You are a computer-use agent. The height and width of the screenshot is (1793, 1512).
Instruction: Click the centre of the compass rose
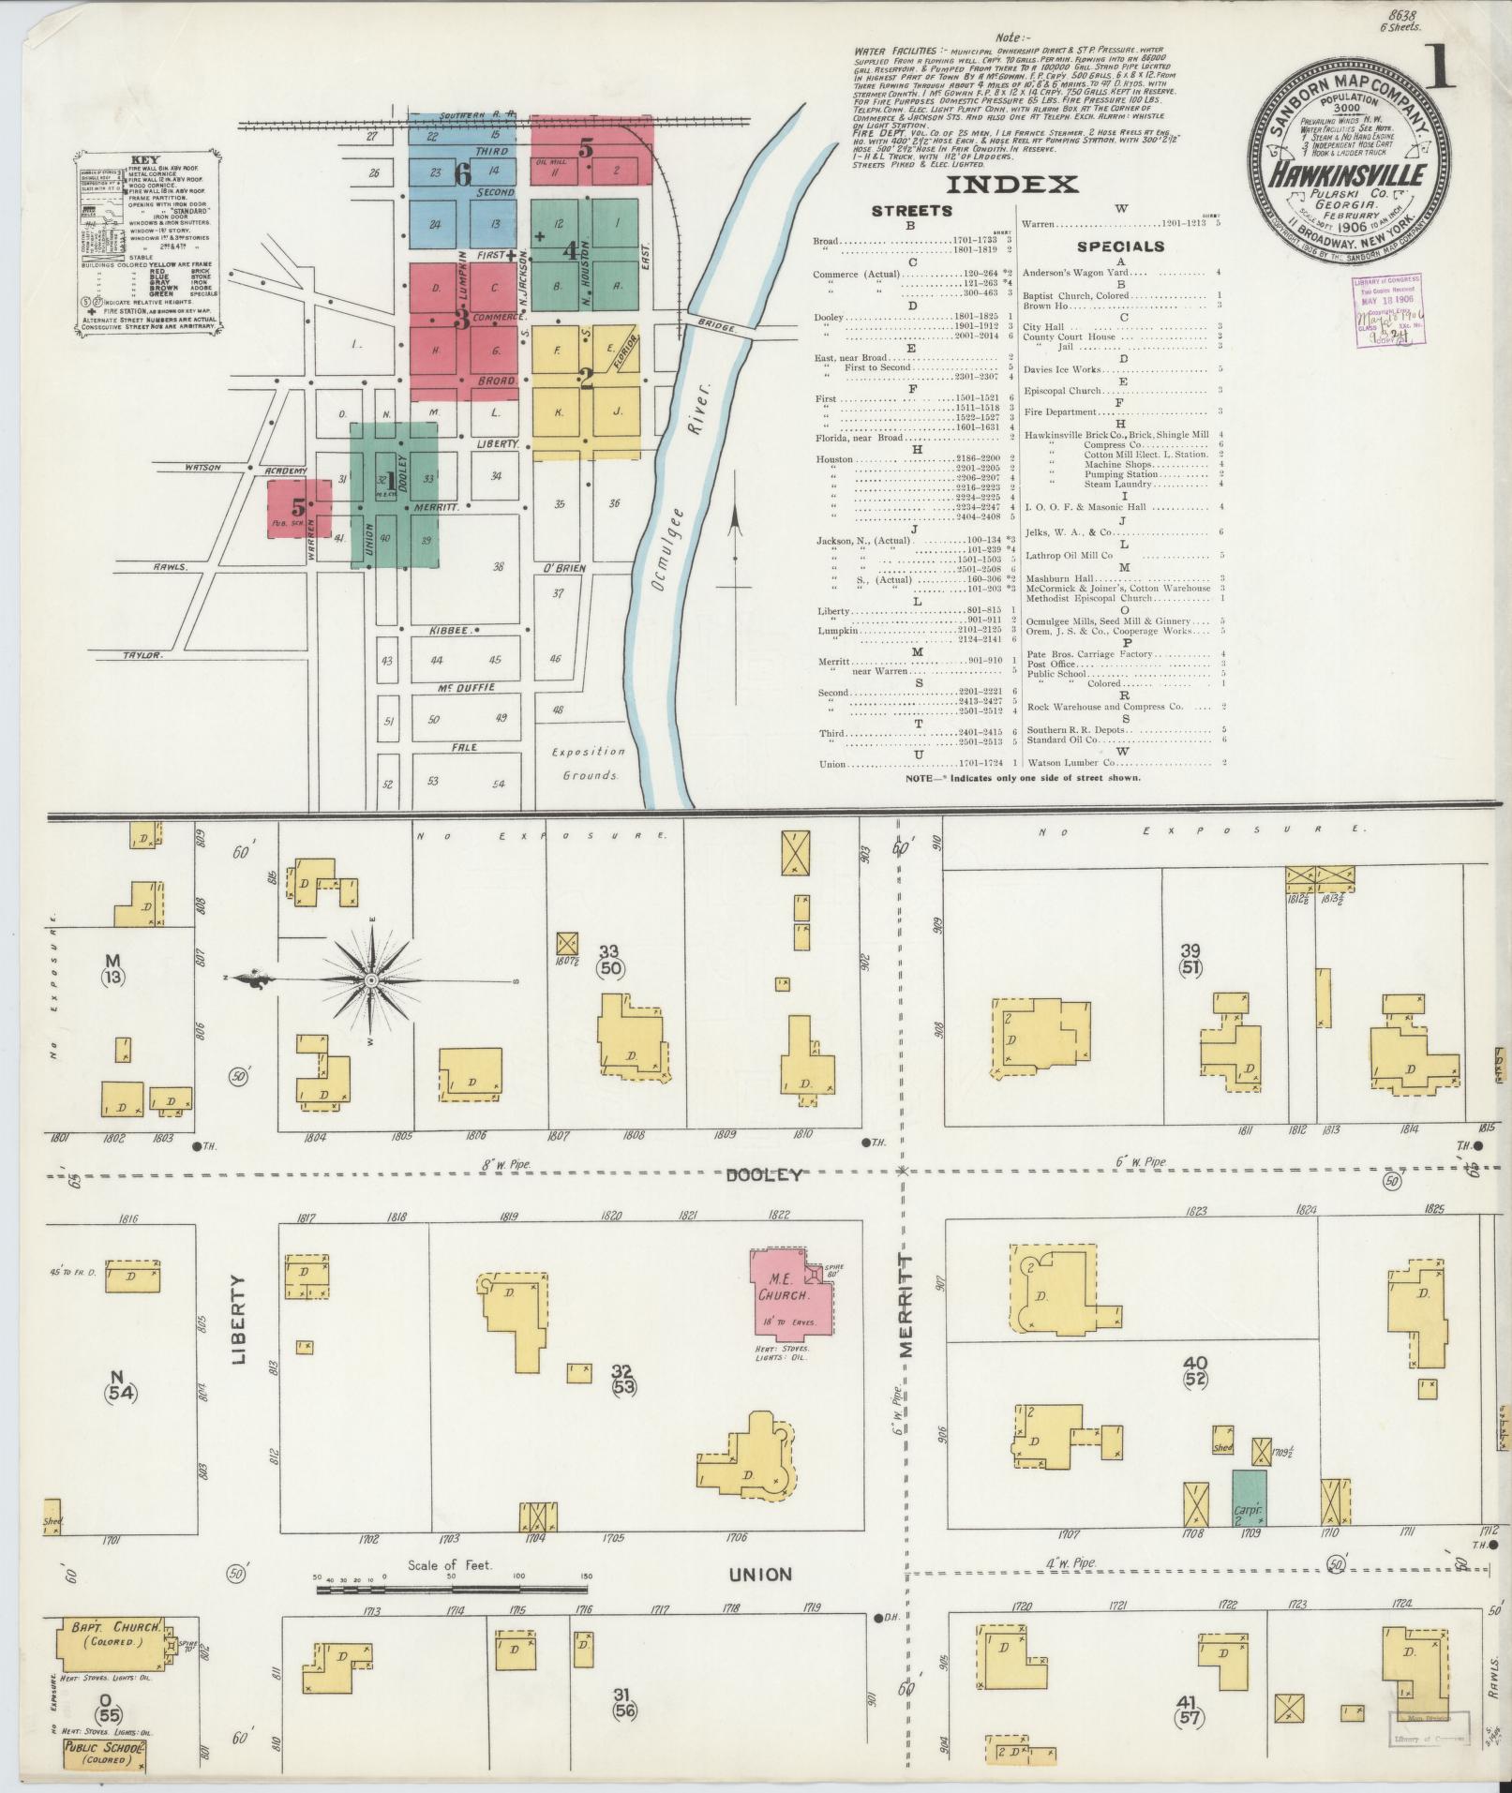pos(371,979)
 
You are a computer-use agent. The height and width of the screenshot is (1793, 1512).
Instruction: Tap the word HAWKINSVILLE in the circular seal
pos(1349,174)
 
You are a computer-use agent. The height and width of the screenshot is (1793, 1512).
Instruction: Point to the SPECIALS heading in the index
pos(1120,247)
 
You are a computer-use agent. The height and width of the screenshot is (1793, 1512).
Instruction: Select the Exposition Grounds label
pos(587,763)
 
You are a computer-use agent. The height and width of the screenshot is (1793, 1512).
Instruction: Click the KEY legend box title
pos(145,160)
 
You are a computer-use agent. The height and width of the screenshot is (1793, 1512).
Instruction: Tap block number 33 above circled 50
pos(610,950)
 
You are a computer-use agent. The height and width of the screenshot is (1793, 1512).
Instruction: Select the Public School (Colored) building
pos(103,1754)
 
